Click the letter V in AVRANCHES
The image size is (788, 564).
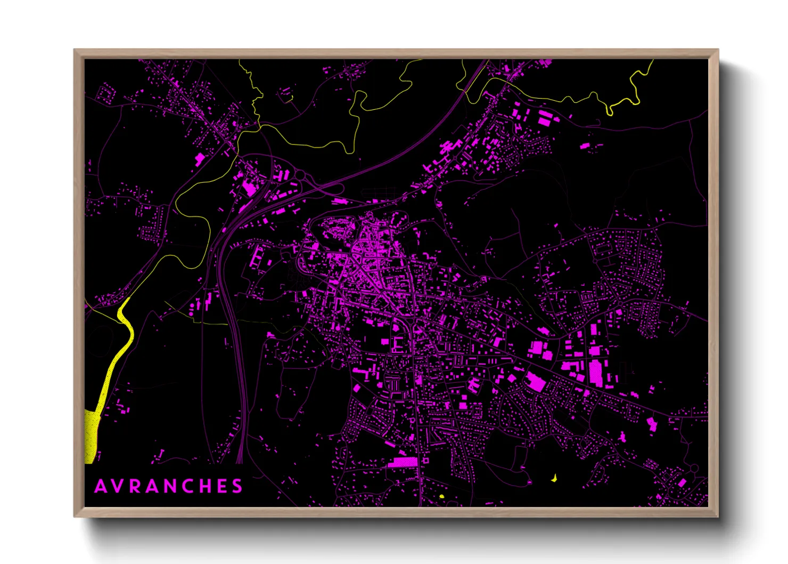coord(117,486)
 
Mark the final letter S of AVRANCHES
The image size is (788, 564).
coord(238,486)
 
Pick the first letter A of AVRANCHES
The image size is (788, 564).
coord(100,486)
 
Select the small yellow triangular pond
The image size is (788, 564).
coord(554,478)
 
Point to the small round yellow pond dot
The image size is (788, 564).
coord(441,496)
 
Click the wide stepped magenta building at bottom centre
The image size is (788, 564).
coord(403,462)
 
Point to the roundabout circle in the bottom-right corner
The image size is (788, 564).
coord(693,468)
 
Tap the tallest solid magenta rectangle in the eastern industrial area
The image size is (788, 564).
coord(596,373)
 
